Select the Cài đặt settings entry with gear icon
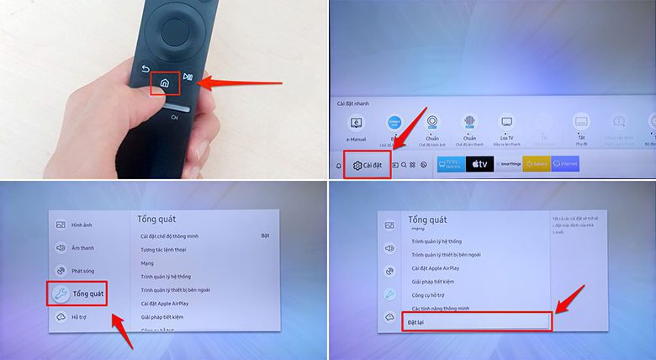tap(367, 165)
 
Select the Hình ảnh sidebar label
tap(82, 225)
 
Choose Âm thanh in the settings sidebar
tap(82, 248)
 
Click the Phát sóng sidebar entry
tap(82, 271)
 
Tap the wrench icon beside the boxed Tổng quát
tap(61, 294)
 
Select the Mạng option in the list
tap(148, 263)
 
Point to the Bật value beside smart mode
tap(265, 236)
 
